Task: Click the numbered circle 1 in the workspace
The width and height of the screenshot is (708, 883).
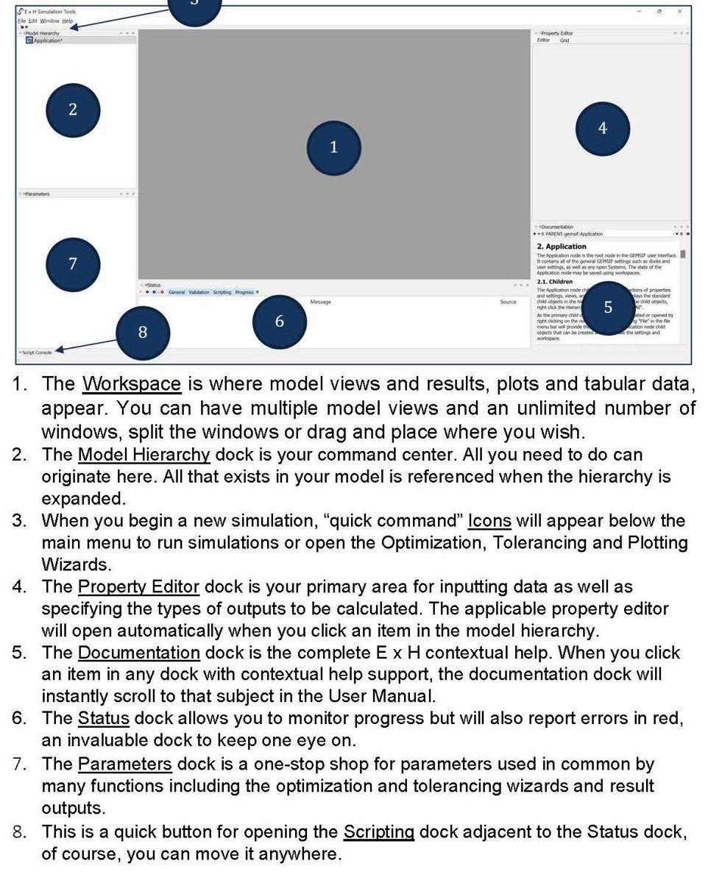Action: point(333,147)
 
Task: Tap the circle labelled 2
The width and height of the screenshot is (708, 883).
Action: point(72,110)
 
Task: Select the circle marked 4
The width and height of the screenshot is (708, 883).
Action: point(602,129)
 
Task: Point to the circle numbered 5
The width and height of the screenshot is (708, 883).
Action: point(607,308)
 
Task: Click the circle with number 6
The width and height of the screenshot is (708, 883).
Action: point(279,322)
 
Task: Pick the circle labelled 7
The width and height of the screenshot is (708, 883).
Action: point(72,263)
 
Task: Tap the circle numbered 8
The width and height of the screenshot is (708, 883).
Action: point(143,332)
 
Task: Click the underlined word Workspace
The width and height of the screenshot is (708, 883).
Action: point(131,384)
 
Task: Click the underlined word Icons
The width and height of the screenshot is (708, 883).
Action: point(489,521)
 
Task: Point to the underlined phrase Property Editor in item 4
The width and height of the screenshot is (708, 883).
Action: point(138,587)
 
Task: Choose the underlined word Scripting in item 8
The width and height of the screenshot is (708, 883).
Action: point(378,832)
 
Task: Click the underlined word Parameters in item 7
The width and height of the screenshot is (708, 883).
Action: point(124,764)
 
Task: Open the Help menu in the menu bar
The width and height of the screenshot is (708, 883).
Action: point(67,21)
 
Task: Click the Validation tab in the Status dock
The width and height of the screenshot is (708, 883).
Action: point(199,292)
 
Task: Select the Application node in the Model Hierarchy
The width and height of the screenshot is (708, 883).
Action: point(47,41)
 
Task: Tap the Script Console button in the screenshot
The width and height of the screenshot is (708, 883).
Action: point(37,352)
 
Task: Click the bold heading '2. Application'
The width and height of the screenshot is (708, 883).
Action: point(562,247)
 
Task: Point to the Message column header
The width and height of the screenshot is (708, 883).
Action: point(320,302)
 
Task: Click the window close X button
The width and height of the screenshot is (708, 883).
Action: point(679,11)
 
